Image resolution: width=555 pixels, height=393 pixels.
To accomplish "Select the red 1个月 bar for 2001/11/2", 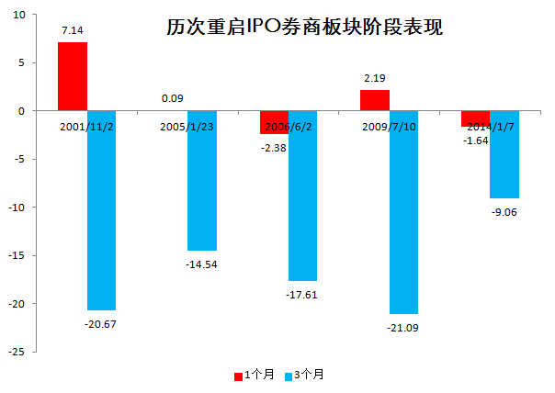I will [73, 76].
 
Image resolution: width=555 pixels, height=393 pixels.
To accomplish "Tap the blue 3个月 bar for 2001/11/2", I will [103, 210].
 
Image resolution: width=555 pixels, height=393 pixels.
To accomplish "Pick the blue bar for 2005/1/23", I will [202, 181].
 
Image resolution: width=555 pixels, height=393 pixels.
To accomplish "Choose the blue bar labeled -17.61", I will [303, 196].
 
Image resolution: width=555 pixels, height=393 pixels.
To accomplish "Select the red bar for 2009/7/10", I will [374, 100].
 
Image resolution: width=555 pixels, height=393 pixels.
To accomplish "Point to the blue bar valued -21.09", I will [404, 212].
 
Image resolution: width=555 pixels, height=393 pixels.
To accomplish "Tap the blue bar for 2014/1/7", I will [504, 154].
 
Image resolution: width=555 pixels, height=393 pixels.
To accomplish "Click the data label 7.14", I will [73, 31].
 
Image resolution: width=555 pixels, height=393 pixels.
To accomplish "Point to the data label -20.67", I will [102, 323].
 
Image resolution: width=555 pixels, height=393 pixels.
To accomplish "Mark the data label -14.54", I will [202, 264].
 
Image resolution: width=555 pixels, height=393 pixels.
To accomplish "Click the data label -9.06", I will [505, 211].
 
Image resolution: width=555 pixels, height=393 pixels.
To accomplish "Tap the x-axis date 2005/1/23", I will [187, 126].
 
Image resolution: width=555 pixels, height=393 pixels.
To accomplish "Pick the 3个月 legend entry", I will [305, 375].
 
